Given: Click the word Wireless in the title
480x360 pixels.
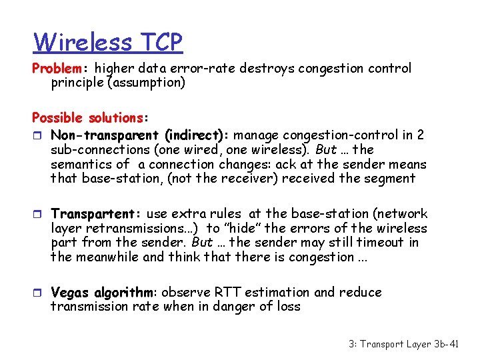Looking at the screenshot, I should [83, 43].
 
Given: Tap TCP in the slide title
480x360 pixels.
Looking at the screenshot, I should [161, 43].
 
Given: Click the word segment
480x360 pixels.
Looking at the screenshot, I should [392, 179].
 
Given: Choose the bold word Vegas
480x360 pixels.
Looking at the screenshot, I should [70, 293].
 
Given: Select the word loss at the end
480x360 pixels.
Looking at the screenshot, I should [287, 307].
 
